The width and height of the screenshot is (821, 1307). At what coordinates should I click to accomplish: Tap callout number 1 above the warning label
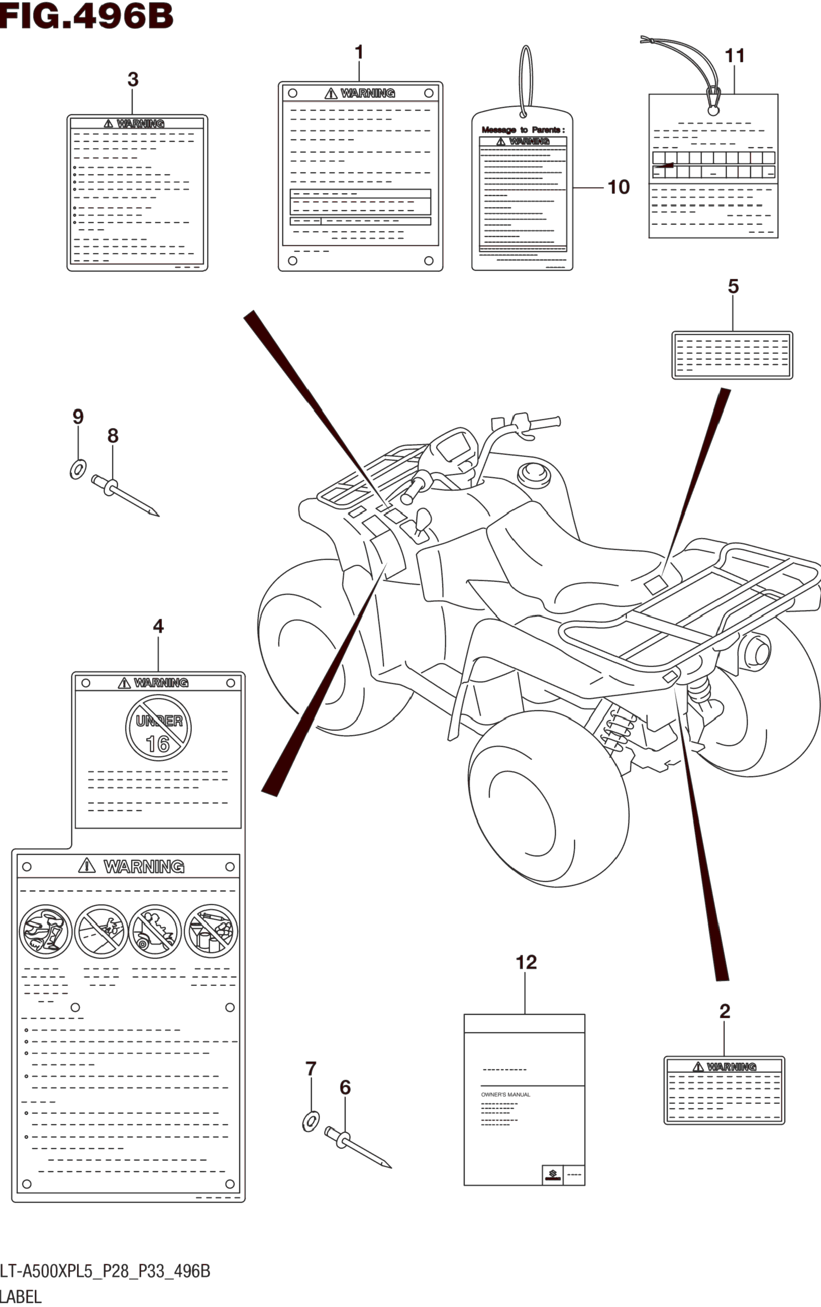[359, 53]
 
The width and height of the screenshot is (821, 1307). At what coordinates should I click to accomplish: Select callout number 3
[133, 80]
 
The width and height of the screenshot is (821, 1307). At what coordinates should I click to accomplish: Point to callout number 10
[618, 187]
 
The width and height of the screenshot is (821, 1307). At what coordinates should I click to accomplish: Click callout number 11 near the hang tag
[735, 55]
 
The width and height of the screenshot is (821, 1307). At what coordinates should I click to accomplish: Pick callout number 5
[733, 287]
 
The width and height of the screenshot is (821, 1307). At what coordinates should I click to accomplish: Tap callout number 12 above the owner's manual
[526, 962]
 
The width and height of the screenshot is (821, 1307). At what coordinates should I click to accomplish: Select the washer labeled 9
[78, 468]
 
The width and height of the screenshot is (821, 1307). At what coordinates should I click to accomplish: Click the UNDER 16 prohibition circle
[158, 728]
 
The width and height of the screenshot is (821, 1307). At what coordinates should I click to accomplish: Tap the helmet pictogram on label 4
[46, 931]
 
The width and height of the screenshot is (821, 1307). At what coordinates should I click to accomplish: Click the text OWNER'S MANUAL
[506, 1095]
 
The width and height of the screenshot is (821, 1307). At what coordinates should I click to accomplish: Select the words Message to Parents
[523, 130]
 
